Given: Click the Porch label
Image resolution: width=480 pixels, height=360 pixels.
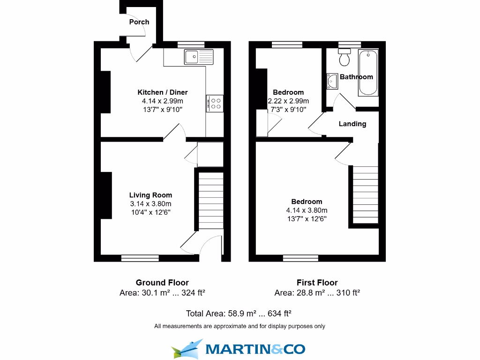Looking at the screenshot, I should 139,22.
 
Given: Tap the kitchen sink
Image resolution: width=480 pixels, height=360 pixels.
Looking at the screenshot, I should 199,57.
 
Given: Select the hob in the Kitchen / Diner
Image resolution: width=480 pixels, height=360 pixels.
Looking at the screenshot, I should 215,103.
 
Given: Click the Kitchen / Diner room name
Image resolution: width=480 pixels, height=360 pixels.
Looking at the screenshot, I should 162,92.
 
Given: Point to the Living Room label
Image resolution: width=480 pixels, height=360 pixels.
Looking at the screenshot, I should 150,195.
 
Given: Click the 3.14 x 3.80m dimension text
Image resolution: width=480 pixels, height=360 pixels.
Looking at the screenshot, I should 150,203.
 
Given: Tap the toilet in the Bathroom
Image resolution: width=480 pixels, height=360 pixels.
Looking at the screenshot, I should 345,58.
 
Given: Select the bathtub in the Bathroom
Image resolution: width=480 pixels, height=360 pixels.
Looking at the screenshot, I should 368,73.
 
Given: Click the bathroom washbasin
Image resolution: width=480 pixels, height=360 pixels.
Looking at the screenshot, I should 332,81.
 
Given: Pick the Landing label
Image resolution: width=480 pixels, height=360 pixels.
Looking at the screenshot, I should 352,124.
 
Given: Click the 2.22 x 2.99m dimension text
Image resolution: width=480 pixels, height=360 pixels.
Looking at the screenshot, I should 288,101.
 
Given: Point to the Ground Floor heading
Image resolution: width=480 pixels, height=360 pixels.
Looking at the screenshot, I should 162,282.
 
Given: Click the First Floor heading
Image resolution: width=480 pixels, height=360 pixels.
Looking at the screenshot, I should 317,282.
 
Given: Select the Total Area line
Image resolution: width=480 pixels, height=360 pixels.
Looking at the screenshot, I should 239,313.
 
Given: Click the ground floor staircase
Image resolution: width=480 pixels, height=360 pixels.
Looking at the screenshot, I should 209,202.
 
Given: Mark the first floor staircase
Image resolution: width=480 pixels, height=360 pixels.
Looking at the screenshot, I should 365,196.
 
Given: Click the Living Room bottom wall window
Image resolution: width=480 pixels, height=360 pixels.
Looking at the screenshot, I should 140,258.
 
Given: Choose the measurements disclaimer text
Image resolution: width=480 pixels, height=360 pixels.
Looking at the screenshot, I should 240,326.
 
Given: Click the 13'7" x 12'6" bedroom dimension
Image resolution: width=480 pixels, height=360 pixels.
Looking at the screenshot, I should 307,218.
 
